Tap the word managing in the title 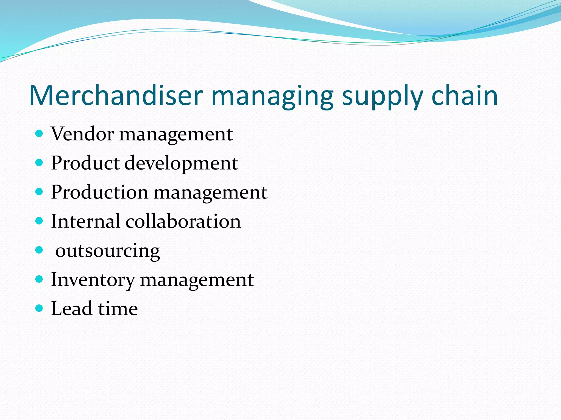[x=272, y=96]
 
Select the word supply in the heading [x=382, y=96]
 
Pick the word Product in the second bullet [x=85, y=163]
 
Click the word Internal [x=85, y=221]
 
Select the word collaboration [x=183, y=221]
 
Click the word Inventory [x=93, y=280]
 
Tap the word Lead [x=71, y=308]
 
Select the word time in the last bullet [x=118, y=308]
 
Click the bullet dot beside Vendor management [x=39, y=134]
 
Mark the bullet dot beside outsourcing [x=39, y=250]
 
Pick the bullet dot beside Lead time [x=39, y=308]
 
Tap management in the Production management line [x=210, y=192]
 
